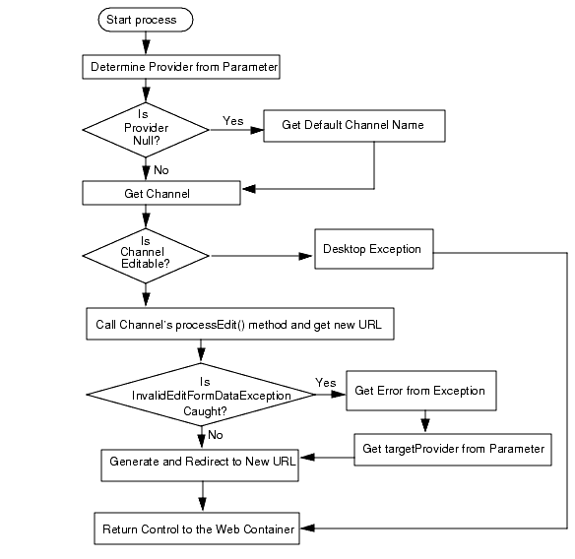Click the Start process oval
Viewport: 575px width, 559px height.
(x=145, y=19)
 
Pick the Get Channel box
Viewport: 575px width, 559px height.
(x=160, y=193)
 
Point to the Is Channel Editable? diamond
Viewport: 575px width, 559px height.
(x=146, y=255)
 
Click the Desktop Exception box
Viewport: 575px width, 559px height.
(x=371, y=249)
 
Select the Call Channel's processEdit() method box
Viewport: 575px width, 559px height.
(x=239, y=324)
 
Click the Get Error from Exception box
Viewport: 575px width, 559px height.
(x=419, y=391)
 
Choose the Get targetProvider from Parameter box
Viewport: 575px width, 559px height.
(x=452, y=449)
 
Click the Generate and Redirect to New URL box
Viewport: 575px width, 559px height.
(x=200, y=461)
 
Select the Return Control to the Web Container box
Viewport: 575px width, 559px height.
(x=198, y=529)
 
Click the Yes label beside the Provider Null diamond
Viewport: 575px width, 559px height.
(x=233, y=121)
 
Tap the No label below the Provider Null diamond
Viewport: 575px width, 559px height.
(x=161, y=169)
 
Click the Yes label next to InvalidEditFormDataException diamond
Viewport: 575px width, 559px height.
(x=325, y=383)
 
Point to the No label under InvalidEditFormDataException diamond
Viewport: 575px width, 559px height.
(x=215, y=434)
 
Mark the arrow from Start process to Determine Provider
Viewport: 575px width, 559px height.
(x=146, y=41)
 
